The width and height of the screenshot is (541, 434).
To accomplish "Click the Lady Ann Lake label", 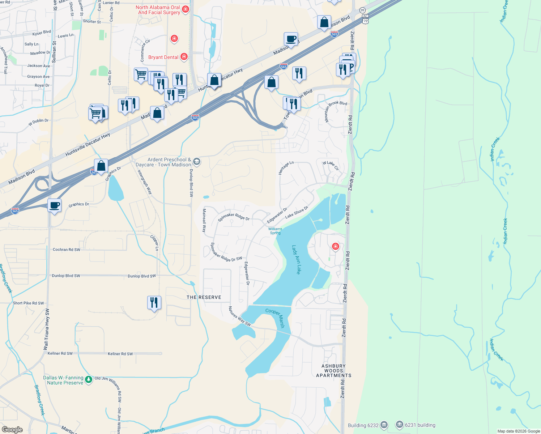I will coord(296,259).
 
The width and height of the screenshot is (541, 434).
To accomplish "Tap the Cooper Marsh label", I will coord(276,318).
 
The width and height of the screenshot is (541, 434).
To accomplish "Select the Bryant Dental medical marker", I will coord(184,56).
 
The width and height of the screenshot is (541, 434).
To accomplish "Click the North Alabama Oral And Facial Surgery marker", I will coord(186,9).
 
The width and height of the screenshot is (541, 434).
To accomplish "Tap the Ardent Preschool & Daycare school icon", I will coord(196,161).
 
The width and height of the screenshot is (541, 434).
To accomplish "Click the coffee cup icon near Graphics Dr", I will coord(55,206).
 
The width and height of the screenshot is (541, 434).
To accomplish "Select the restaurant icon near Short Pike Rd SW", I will coord(154,302).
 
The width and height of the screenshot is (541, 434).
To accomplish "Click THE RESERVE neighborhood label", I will coord(204,297).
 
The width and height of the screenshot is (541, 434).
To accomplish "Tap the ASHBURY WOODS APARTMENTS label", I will coord(333,371).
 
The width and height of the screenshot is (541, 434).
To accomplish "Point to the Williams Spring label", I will coord(275,231).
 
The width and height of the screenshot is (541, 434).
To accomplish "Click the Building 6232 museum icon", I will coord(384,425).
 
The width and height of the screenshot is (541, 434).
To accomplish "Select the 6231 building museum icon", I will coord(399,424).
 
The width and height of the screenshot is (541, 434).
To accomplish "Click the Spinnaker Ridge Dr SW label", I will coord(226,252).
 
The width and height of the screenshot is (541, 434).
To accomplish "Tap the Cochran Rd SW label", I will coord(67,250).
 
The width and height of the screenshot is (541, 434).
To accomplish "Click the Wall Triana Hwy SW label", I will coord(46,329).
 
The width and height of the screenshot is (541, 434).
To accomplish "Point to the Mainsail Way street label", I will coord(204,220).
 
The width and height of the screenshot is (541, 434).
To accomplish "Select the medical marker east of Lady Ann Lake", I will coord(336,247).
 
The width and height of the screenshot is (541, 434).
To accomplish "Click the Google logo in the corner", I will coord(12,429).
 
